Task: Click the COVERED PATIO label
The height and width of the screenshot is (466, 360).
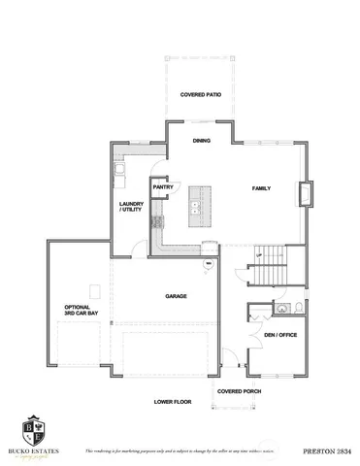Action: pos(200,95)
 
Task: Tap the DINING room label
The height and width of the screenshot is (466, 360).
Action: pos(201,141)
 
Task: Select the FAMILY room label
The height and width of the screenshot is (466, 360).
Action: pos(261,187)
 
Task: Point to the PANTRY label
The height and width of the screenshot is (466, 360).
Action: pos(162,186)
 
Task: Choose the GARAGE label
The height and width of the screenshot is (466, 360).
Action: pos(176,296)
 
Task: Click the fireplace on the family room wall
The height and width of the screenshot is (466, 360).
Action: pos(308,193)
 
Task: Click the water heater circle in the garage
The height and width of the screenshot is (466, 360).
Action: pos(207,263)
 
